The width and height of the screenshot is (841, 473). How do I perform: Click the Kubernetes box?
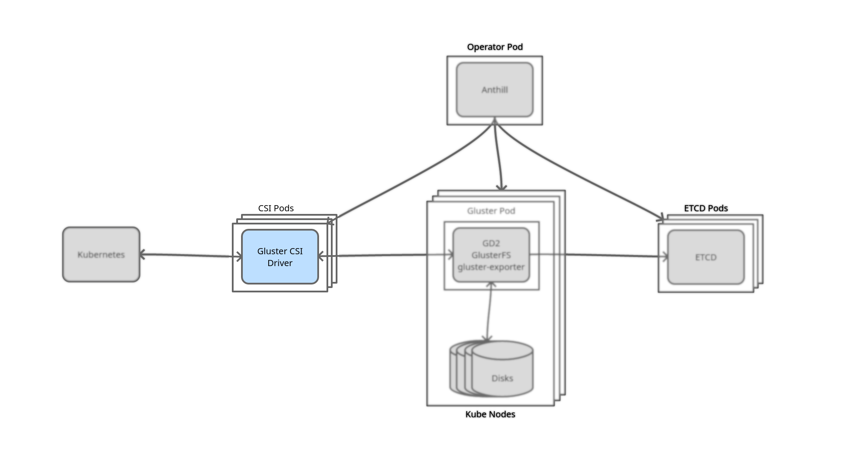pyautogui.click(x=101, y=254)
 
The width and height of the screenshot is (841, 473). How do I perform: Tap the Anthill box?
pyautogui.click(x=494, y=90)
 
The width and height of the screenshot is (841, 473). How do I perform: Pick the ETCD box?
pyautogui.click(x=706, y=257)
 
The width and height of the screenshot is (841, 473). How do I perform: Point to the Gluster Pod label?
pyautogui.click(x=491, y=211)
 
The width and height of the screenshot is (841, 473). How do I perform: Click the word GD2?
pyautogui.click(x=491, y=243)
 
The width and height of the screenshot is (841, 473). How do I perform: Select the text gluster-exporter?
pyautogui.click(x=491, y=267)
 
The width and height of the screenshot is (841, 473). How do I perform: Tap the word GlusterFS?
pyautogui.click(x=491, y=255)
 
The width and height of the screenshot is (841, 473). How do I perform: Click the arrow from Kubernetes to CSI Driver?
pyautogui.click(x=188, y=255)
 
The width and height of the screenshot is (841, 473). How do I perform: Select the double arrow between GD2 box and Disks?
pyautogui.click(x=489, y=311)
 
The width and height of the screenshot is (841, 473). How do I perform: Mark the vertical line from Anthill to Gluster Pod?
pyautogui.click(x=498, y=158)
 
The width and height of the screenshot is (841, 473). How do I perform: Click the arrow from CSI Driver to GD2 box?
pyautogui.click(x=381, y=255)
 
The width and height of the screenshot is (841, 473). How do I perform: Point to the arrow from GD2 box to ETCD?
pyautogui.click(x=614, y=255)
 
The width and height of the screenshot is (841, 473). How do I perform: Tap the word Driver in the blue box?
pyautogui.click(x=280, y=263)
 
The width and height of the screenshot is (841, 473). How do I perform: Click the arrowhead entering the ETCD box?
pyautogui.click(x=665, y=257)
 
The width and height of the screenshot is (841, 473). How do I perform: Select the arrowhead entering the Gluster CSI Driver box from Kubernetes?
pyautogui.click(x=238, y=257)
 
